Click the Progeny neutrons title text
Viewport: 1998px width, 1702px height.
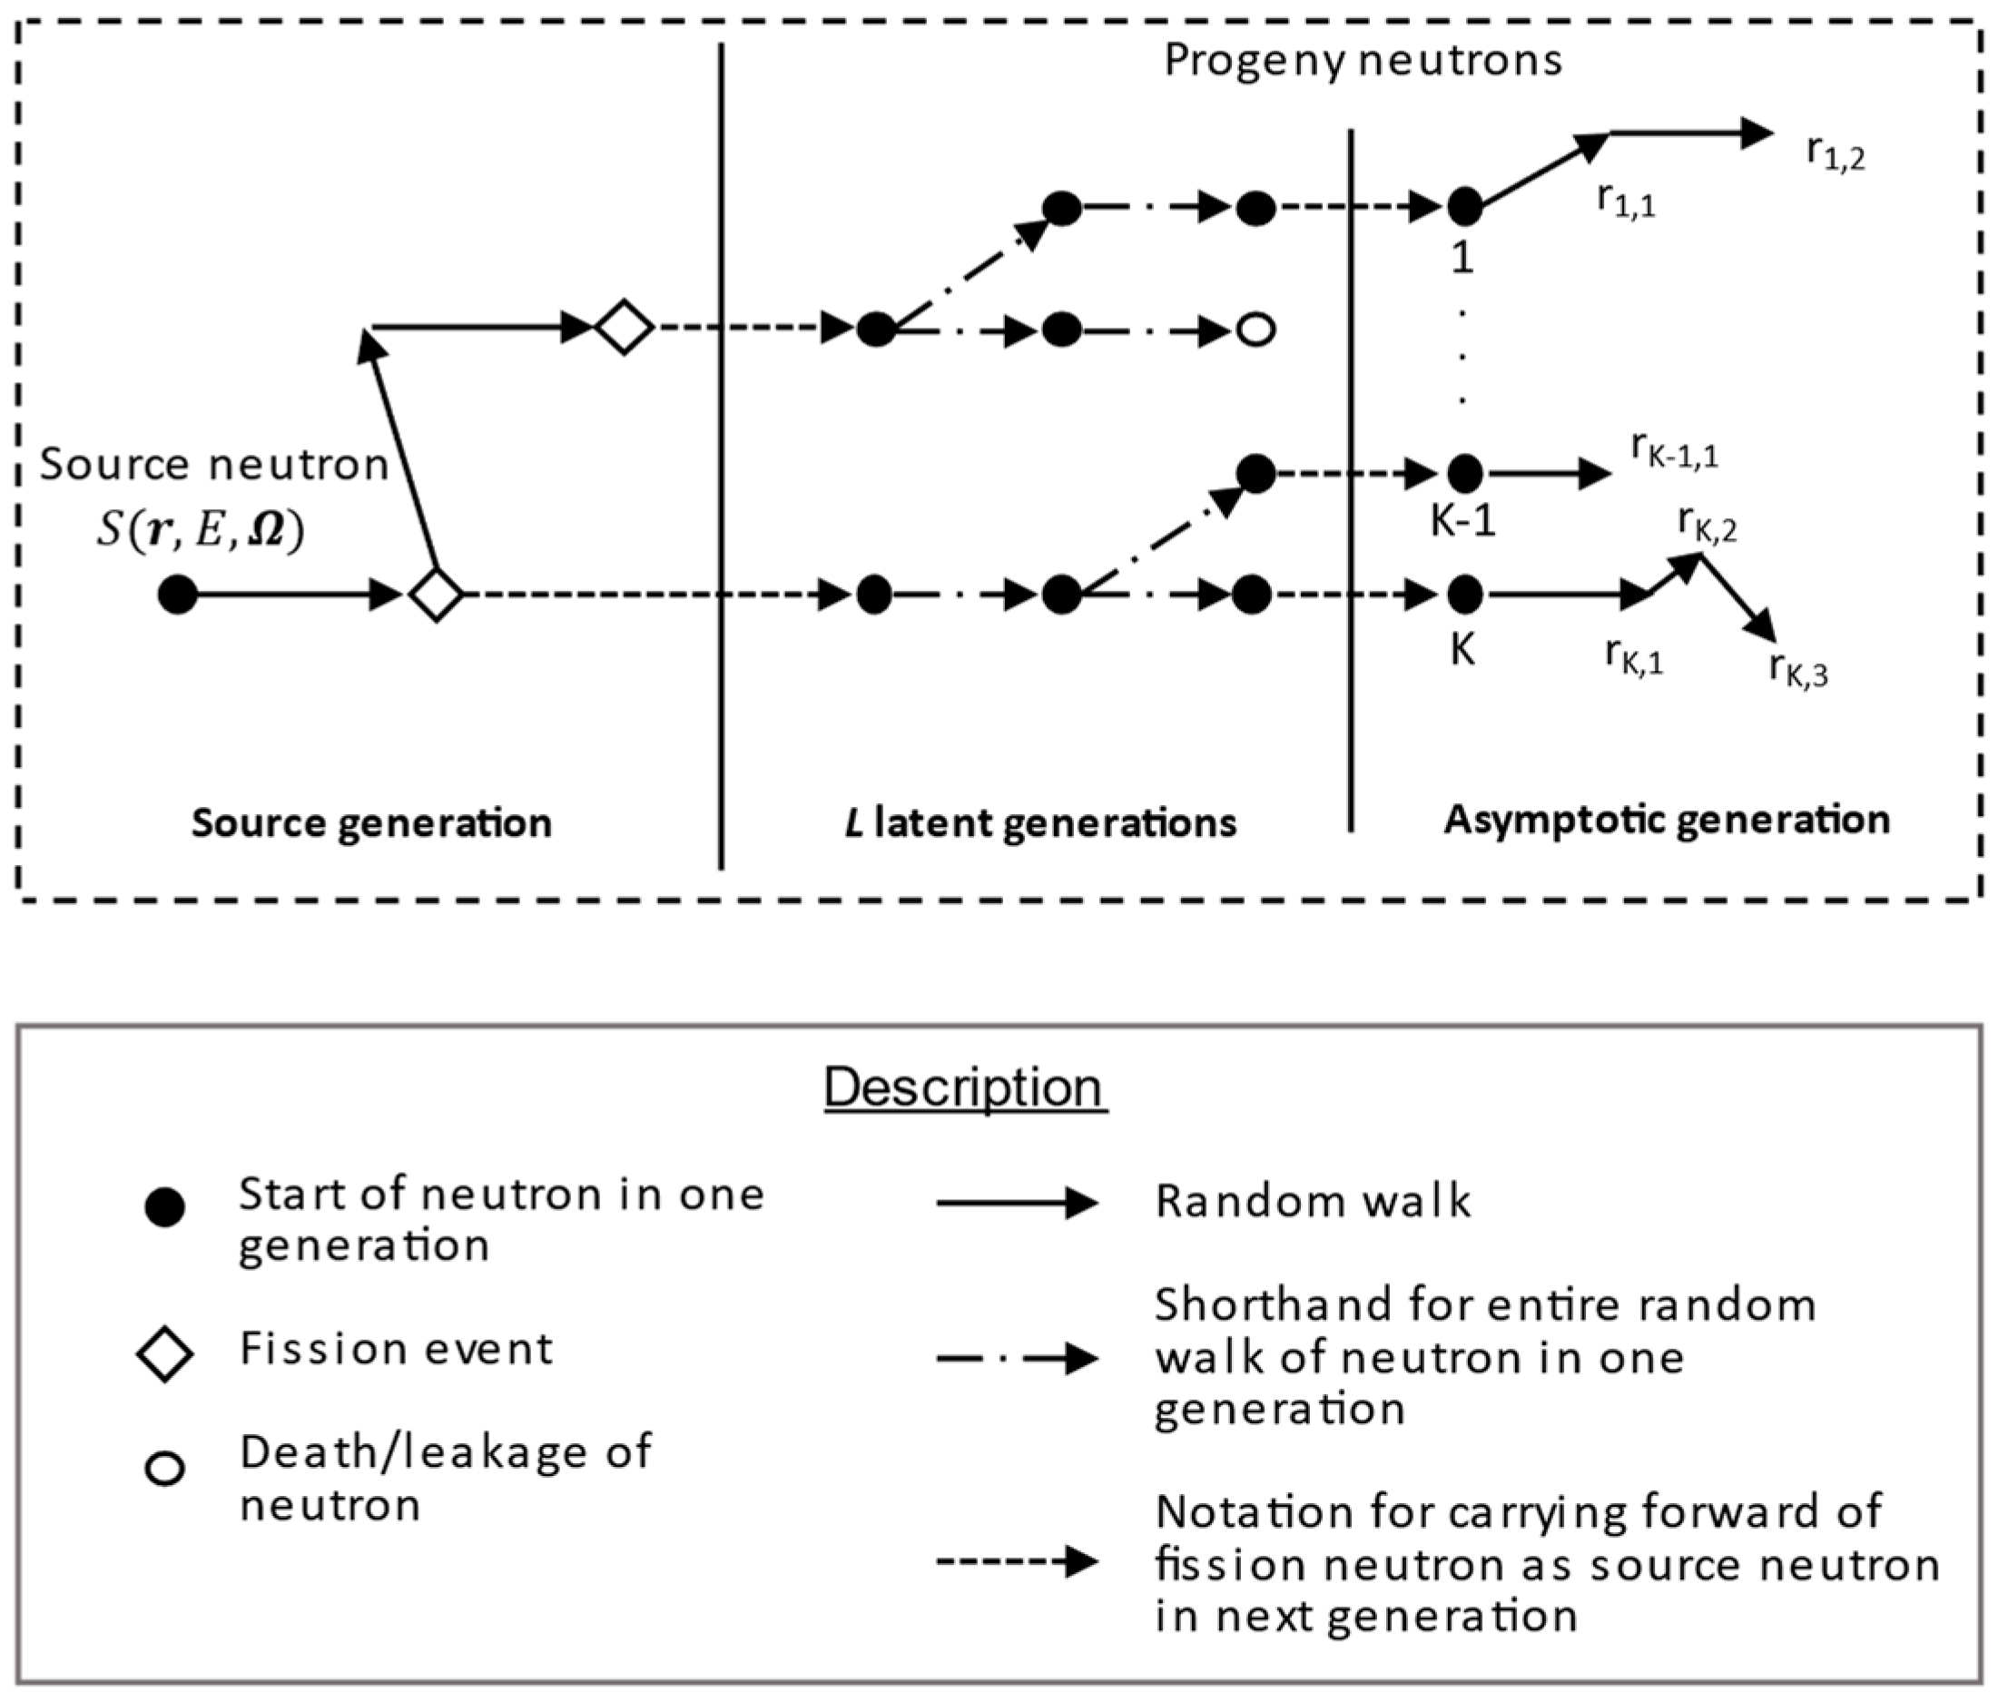pos(1363,60)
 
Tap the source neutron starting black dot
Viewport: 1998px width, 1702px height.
pos(177,594)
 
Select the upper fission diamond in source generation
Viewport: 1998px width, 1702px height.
pos(624,328)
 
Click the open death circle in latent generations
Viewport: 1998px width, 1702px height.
pos(1255,330)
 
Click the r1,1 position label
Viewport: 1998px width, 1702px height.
pos(1626,201)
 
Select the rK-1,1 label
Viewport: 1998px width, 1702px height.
pos(1674,449)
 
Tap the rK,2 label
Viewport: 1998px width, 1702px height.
pos(1707,525)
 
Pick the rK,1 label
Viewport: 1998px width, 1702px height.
pos(1633,656)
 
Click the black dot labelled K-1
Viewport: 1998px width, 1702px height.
pos(1465,474)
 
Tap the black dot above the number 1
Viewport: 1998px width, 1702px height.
pos(1465,206)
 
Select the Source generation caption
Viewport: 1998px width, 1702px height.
pos(371,823)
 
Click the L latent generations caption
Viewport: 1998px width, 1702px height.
pos(1039,823)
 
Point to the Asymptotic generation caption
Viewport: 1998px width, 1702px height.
pos(1667,820)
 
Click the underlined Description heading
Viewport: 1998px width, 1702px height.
pos(964,1087)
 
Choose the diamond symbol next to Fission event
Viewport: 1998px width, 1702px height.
pos(165,1354)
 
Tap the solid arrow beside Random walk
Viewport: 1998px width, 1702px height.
pos(1017,1203)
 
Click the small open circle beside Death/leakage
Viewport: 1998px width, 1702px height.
pos(165,1469)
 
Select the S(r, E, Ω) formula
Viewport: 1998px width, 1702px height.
pos(201,529)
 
